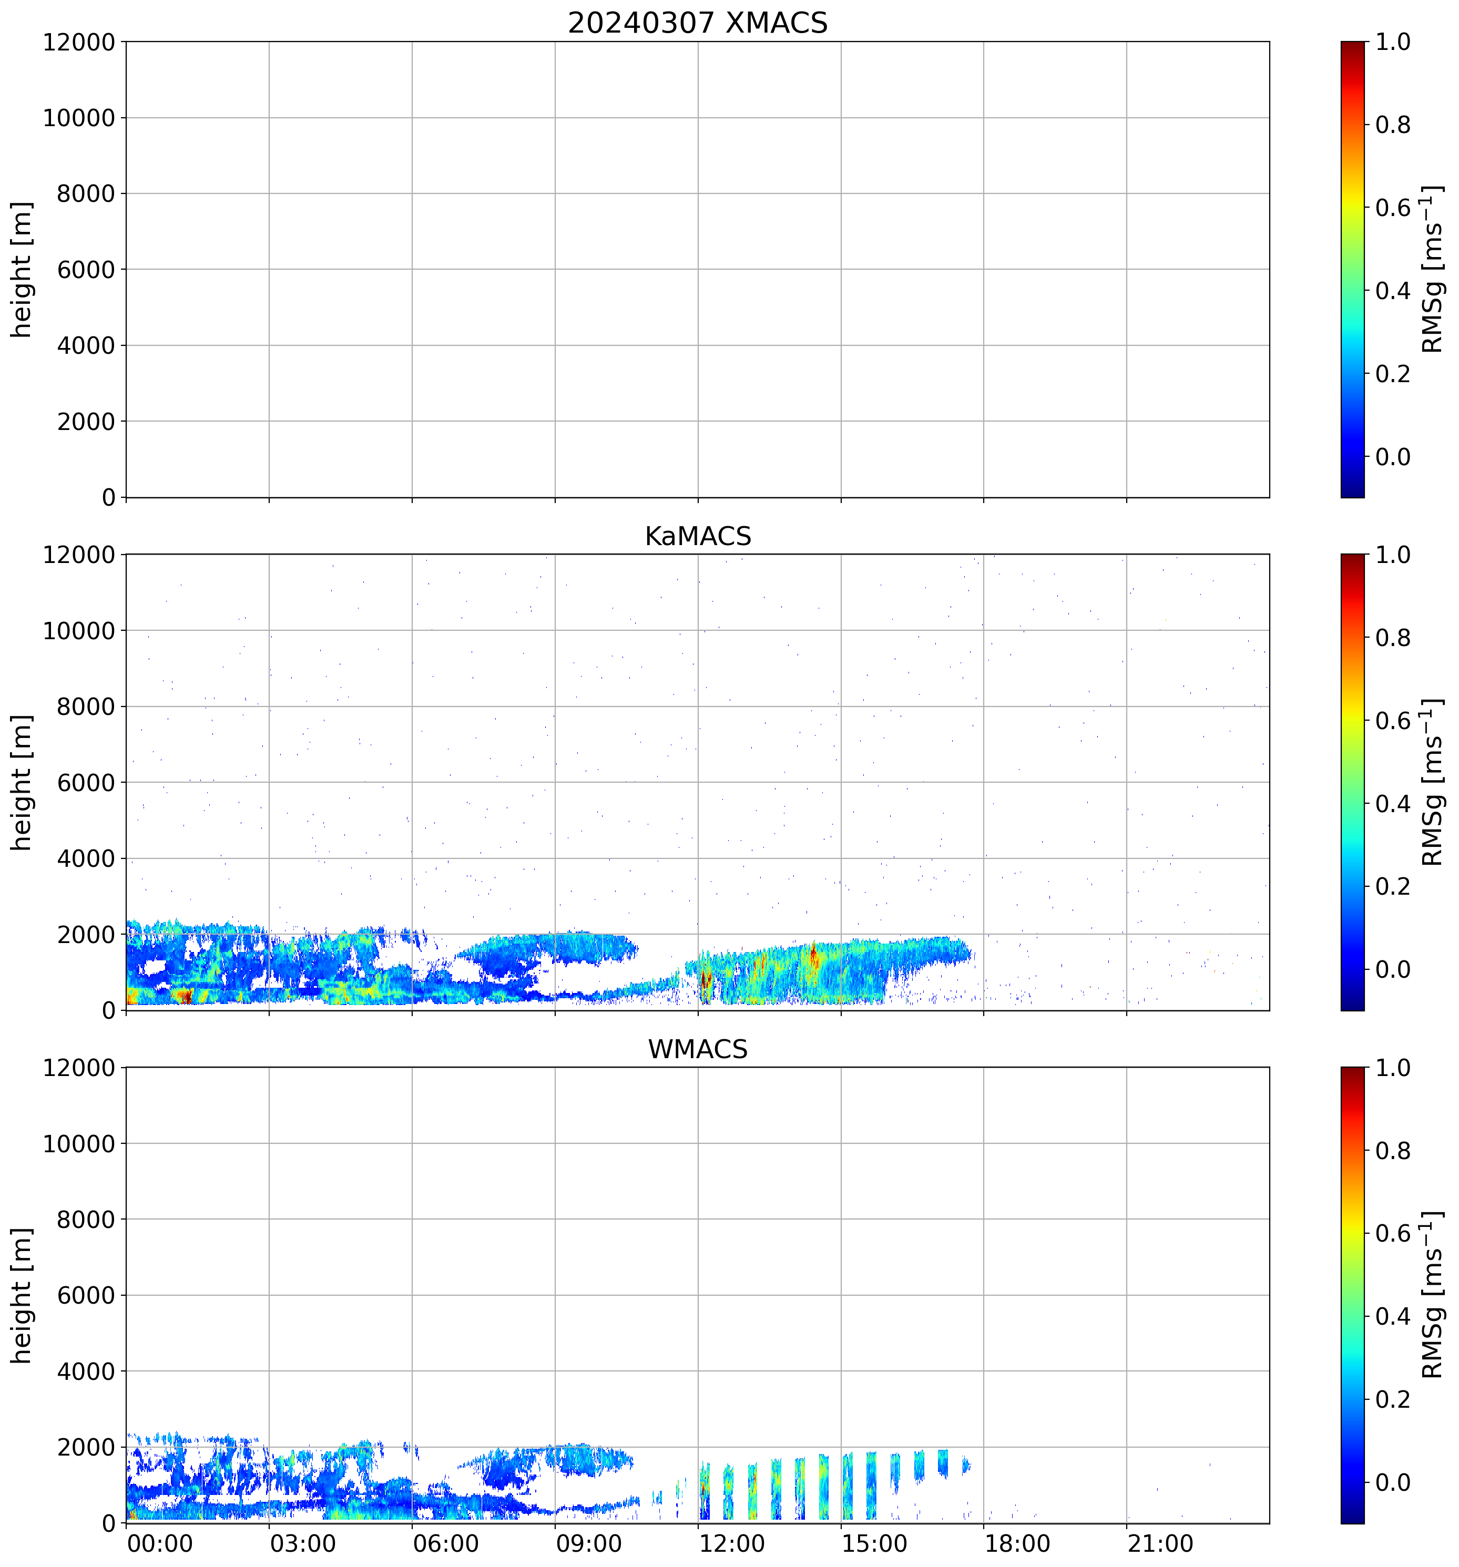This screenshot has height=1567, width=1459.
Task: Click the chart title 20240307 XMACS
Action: point(698,23)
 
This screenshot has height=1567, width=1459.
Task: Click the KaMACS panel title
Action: point(698,536)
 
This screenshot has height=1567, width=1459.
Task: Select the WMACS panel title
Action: point(698,1049)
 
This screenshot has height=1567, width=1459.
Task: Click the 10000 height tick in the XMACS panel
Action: point(79,118)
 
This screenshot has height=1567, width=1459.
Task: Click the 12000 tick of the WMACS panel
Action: point(79,1068)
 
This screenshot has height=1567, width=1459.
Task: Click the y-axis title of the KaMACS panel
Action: point(22,782)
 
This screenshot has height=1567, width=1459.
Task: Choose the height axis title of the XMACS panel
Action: point(22,270)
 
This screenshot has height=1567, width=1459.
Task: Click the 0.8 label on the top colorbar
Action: point(1393,125)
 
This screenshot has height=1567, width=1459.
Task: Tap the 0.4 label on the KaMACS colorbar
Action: point(1393,804)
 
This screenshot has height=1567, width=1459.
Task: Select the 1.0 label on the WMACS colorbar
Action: point(1393,1068)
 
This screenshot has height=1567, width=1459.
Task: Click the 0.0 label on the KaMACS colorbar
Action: point(1393,969)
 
